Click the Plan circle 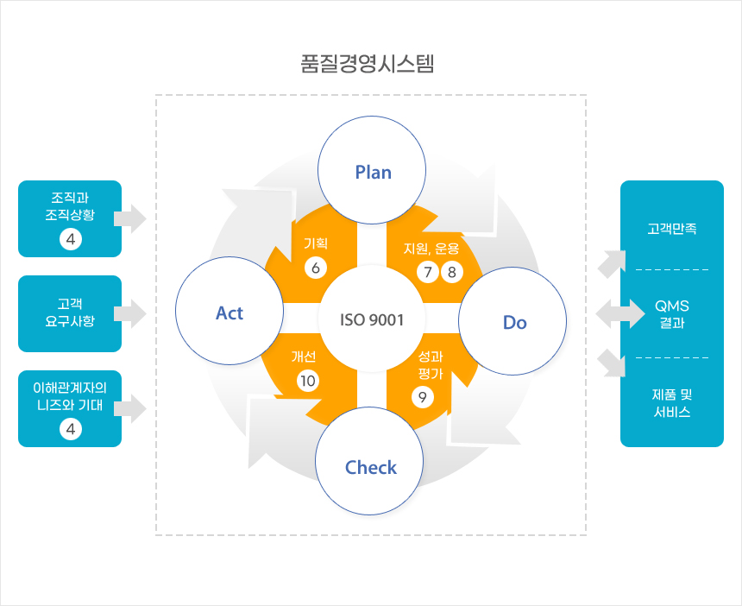[x=373, y=172]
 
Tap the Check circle [x=370, y=468]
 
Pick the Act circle [x=230, y=312]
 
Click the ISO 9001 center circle [x=373, y=319]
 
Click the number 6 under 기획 [x=316, y=268]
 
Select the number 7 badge [x=426, y=273]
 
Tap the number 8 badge [x=451, y=273]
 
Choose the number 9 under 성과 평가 [x=422, y=397]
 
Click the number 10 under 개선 [x=308, y=380]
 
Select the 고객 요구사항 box [x=70, y=312]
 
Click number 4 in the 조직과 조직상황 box [x=70, y=239]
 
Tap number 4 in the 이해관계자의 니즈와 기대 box [x=70, y=428]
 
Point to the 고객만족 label [x=672, y=230]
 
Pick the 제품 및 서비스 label [x=672, y=403]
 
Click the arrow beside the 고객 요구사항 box [x=133, y=312]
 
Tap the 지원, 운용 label [x=431, y=249]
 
